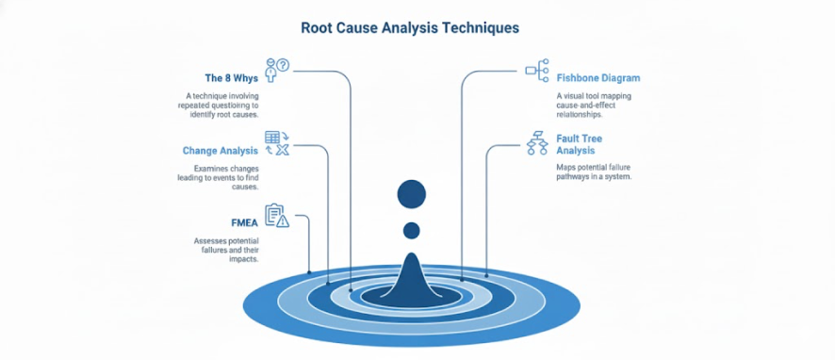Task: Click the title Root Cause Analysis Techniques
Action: tap(410, 27)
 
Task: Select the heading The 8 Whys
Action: tap(232, 78)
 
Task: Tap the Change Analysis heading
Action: tap(220, 150)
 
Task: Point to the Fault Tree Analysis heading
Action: tap(580, 144)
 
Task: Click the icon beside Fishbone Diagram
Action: tap(536, 69)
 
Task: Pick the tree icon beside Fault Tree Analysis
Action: tap(537, 142)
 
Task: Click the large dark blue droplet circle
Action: tap(412, 194)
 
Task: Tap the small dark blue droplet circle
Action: tap(412, 230)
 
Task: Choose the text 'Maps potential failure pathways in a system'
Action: tap(594, 172)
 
